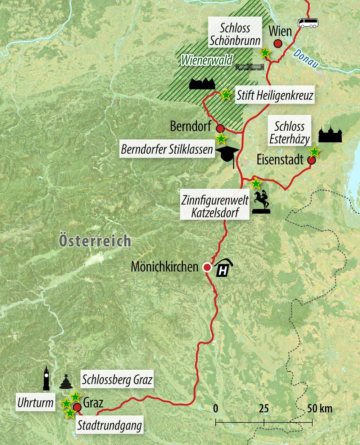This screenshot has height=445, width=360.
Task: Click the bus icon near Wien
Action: [308, 24]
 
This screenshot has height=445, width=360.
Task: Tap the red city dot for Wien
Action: [278, 44]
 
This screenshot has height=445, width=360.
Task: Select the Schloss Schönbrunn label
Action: [235, 34]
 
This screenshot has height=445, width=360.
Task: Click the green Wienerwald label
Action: [207, 60]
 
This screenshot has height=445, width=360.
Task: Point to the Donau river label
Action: [306, 59]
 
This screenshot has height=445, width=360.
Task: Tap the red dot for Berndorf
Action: [220, 128]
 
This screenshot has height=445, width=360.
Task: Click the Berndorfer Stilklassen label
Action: [167, 149]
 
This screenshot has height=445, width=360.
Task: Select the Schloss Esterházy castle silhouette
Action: [330, 135]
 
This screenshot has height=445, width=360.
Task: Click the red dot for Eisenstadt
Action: [311, 160]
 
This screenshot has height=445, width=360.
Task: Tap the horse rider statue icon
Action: [261, 203]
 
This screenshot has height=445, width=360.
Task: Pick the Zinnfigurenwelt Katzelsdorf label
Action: [215, 206]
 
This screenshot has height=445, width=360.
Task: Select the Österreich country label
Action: [95, 241]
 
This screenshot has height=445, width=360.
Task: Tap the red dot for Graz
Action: [77, 408]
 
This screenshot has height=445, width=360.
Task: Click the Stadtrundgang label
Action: [109, 425]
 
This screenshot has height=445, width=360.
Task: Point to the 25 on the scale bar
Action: [264, 409]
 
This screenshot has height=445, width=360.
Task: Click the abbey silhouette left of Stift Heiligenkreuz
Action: [202, 84]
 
